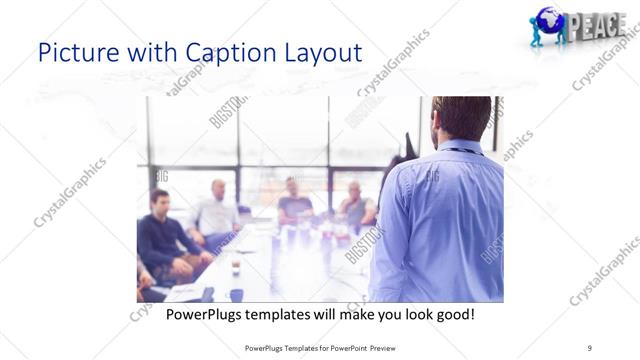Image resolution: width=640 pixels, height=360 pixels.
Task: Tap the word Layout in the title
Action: point(316,53)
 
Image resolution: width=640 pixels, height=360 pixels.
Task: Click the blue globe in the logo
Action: point(548,21)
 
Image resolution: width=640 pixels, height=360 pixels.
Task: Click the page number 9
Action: point(590,347)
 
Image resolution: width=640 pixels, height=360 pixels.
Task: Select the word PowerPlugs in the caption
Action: point(205,315)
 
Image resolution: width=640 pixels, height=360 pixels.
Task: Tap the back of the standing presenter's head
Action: point(461,119)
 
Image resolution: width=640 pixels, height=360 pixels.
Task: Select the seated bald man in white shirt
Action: point(216,212)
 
